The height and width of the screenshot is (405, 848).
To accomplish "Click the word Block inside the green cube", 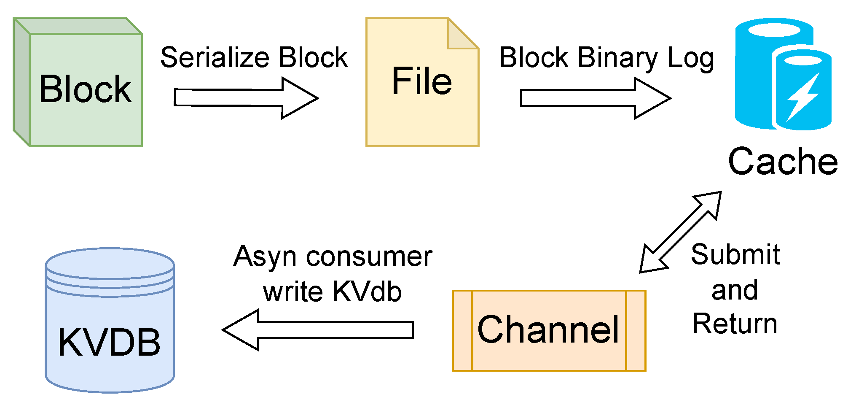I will tap(86, 89).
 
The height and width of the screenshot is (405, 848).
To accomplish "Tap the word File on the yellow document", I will tap(422, 81).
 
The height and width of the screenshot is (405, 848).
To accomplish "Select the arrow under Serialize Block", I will tap(247, 98).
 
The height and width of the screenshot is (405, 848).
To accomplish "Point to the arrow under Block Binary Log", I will tap(596, 98).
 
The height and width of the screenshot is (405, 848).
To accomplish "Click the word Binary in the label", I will tap(617, 57).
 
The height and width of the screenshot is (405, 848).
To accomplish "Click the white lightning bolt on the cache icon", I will tap(803, 97).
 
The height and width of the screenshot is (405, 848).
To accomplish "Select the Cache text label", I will tap(783, 161).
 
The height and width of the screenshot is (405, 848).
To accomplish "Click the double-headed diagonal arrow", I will tap(681, 232).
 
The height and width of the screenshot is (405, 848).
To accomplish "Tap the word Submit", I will tap(735, 255).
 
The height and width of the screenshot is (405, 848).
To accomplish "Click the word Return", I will tap(735, 324).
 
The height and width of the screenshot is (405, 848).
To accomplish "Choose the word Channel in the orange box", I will tap(548, 330).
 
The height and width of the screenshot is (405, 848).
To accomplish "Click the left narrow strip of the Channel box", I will tap(462, 331).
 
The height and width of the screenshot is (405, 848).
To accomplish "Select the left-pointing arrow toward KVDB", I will tap(318, 330).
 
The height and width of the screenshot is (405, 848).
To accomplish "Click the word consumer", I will tap(369, 256).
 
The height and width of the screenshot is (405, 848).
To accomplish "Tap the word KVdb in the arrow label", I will tap(367, 292).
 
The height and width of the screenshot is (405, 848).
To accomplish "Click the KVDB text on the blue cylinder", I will tap(109, 343).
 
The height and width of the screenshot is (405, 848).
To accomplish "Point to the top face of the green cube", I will tap(78, 26).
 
